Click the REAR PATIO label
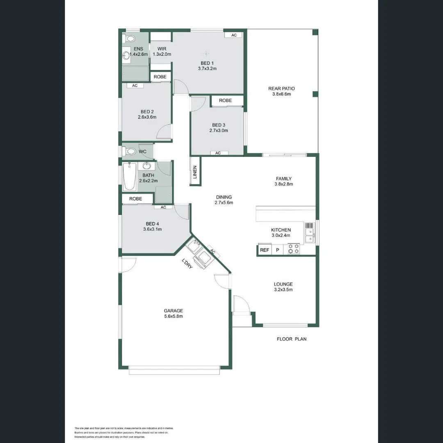pos(281,89)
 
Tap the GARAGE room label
pos(173,311)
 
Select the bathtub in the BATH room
pos(130,177)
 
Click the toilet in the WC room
pos(130,151)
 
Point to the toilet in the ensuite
pos(130,39)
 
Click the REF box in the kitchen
pos(265,250)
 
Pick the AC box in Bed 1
pos(234,35)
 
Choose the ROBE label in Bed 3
pos(225,100)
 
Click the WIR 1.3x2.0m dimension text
pos(162,54)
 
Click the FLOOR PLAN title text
pos(292,339)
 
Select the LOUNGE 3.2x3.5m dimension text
pos(283,290)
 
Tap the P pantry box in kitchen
pos(277,250)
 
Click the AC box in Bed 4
pos(163,207)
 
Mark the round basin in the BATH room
pos(146,166)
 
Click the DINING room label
pos(224,197)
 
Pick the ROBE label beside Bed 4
pos(136,199)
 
